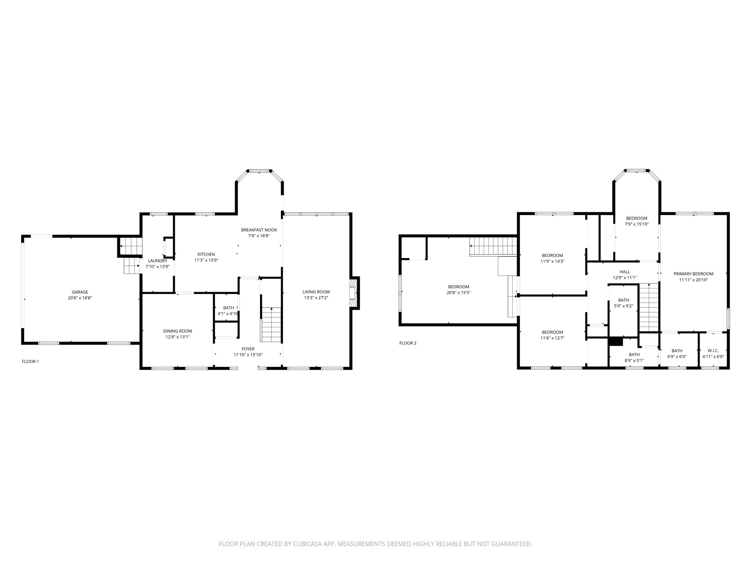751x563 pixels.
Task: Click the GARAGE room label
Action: [80, 292]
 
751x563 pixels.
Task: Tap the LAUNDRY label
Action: [158, 261]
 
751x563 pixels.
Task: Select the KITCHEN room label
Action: [206, 254]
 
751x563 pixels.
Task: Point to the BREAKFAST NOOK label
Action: [259, 230]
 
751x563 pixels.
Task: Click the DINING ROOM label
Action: [177, 331]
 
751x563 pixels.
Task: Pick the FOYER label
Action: [248, 349]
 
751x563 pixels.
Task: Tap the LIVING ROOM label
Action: [316, 292]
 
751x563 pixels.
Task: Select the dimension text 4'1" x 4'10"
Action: [228, 313]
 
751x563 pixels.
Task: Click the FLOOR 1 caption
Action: [30, 361]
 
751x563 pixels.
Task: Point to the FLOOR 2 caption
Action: [408, 343]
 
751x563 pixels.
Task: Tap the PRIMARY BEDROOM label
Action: [693, 274]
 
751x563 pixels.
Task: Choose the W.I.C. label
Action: [713, 350]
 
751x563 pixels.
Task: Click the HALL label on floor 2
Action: [625, 272]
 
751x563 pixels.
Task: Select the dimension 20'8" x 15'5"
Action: [458, 292]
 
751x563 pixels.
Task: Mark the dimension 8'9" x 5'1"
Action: [634, 360]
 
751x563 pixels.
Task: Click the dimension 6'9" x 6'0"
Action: [677, 356]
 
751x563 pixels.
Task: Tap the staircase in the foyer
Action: [271, 324]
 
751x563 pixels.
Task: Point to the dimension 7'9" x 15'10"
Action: [637, 224]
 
